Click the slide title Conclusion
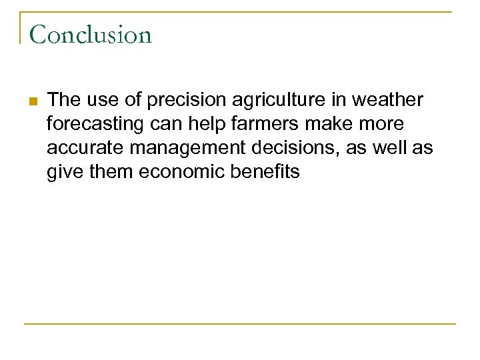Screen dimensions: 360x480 click(91, 35)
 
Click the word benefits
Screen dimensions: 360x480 click(268, 172)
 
